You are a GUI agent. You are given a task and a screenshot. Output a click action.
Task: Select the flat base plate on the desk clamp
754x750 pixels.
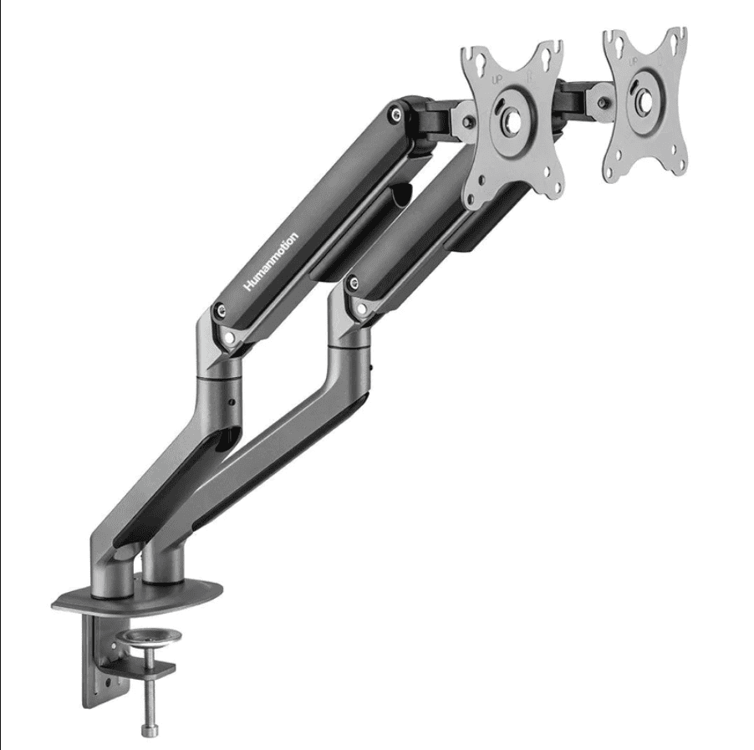click(x=138, y=594)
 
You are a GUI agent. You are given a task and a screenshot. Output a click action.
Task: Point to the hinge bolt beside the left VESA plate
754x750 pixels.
click(x=458, y=120)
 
